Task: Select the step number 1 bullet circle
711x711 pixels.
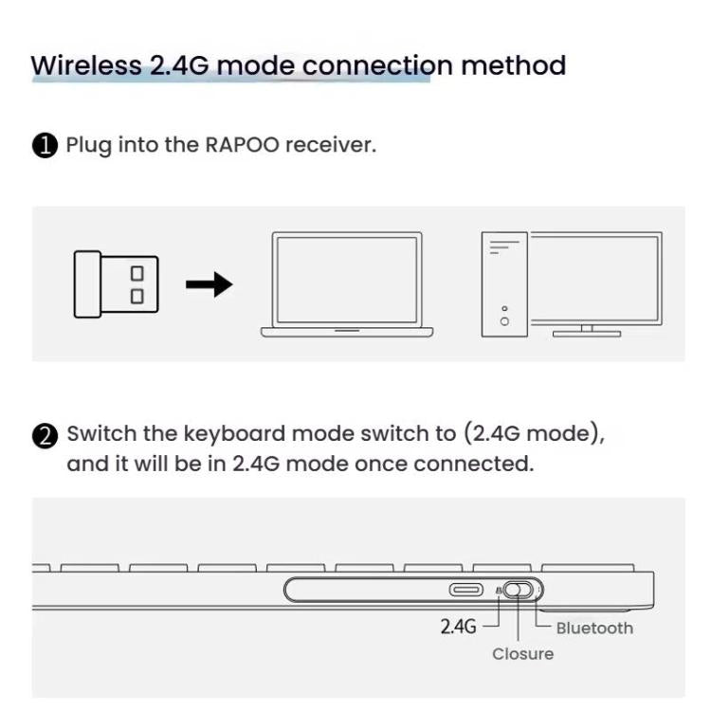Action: tap(45, 146)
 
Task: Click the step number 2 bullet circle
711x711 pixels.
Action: tap(45, 435)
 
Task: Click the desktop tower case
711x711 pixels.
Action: tap(503, 283)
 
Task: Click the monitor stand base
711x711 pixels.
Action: tap(587, 333)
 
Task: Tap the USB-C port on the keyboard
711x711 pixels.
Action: tap(466, 590)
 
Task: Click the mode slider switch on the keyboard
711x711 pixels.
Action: tap(518, 590)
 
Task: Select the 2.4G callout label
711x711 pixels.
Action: tap(458, 627)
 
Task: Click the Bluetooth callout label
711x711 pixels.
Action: tap(593, 628)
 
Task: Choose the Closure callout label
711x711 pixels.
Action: tap(522, 654)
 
